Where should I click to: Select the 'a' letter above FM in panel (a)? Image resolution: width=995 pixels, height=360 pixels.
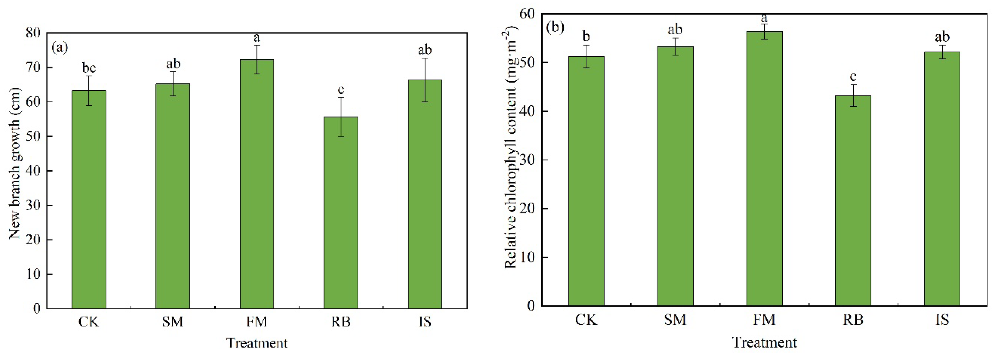pyautogui.click(x=256, y=38)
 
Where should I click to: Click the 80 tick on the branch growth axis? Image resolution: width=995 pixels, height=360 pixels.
pyautogui.click(x=33, y=33)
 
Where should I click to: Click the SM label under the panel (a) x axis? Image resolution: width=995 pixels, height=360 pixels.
pyautogui.click(x=172, y=321)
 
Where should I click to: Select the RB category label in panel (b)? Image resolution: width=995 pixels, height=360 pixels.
pyautogui.click(x=853, y=320)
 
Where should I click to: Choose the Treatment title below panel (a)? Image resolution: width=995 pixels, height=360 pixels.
pyautogui.click(x=256, y=343)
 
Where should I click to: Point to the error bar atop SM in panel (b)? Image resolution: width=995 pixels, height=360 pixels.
pyautogui.click(x=675, y=46)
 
